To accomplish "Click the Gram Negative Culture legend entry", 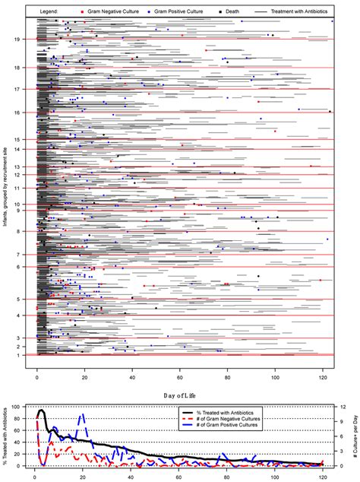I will (x=122, y=12).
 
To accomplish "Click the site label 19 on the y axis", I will (x=26, y=39).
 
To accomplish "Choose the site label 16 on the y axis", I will (x=26, y=113).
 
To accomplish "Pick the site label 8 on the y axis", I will (x=27, y=232).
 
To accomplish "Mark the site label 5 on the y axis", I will (x=27, y=300).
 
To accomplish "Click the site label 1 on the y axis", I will (x=27, y=355).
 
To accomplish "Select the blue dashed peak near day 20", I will (x=83, y=415).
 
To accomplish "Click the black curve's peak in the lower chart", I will (x=41, y=411).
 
